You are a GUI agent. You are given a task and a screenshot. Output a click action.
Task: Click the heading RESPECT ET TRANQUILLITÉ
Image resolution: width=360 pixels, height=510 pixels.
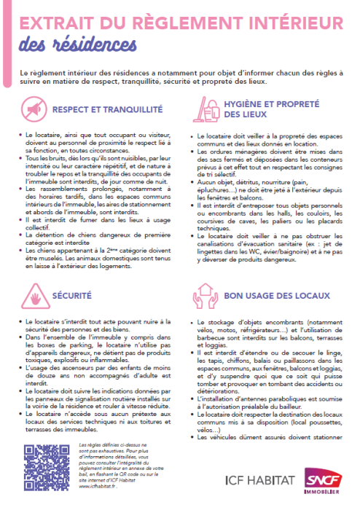click(106, 110)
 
